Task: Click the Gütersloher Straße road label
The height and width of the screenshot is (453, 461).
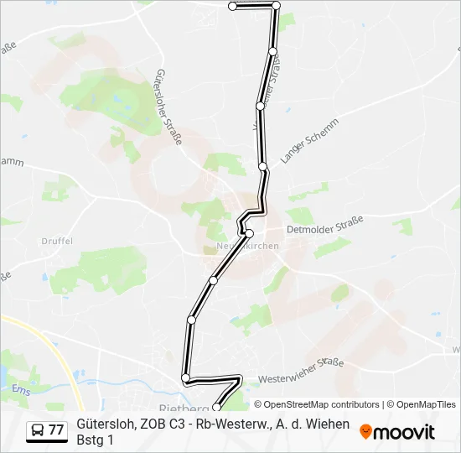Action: pos(167,108)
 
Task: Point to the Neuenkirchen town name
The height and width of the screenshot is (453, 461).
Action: pos(248,246)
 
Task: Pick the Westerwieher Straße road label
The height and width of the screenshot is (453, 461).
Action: pos(302,370)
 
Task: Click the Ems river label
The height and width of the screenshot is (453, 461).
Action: pos(20,388)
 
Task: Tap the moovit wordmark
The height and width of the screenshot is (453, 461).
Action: pos(406,432)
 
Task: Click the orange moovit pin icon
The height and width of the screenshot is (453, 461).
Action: pos(365,431)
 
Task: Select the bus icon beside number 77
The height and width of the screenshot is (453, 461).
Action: pos(38,430)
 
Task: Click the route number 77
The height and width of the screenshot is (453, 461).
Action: pos(56,430)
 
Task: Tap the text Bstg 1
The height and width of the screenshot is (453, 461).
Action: pos(94,440)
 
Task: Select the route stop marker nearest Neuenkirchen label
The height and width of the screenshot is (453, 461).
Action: pos(249,232)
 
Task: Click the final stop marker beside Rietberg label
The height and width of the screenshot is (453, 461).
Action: pos(216,408)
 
